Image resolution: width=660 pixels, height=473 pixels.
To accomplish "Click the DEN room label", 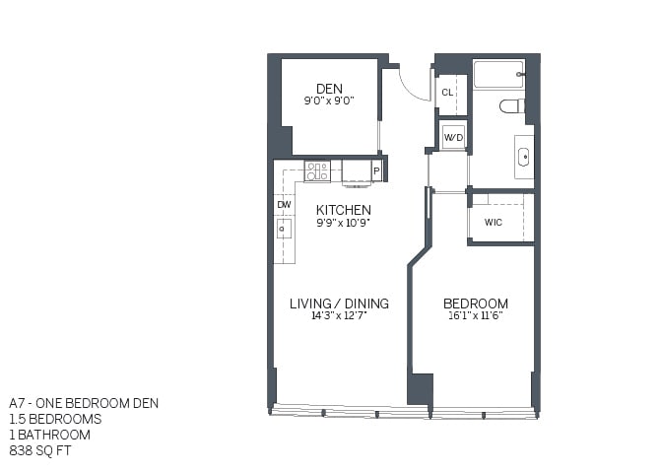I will (x=329, y=88).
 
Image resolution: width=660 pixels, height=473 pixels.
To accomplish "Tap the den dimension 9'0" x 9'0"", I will (x=329, y=101).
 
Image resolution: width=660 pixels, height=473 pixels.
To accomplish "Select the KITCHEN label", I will (x=343, y=210).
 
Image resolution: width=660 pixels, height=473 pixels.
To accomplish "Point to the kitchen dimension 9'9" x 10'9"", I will (x=343, y=223).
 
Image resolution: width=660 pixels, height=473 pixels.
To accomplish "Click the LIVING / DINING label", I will (x=339, y=304).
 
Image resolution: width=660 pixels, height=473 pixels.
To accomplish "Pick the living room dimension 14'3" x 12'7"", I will (x=339, y=316).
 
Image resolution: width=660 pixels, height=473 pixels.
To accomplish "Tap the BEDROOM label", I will (x=475, y=304).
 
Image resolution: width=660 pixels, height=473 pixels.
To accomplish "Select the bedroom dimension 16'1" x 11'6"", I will (x=475, y=316).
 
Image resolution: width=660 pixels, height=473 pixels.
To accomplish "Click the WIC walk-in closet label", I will (x=494, y=223).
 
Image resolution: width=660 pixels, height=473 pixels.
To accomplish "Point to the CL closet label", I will (x=446, y=93).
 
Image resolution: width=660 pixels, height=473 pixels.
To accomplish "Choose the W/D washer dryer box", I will (x=453, y=136).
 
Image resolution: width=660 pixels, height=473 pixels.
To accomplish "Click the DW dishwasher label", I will (x=284, y=205).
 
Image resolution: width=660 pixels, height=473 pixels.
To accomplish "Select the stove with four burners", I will (x=317, y=171).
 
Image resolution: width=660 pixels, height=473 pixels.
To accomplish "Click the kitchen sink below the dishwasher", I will (x=284, y=229).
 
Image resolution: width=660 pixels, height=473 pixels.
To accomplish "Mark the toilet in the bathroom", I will (x=511, y=105).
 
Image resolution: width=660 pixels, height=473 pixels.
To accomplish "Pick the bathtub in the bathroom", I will (x=498, y=75).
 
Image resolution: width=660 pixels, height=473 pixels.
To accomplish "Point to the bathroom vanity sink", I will (x=522, y=157).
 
